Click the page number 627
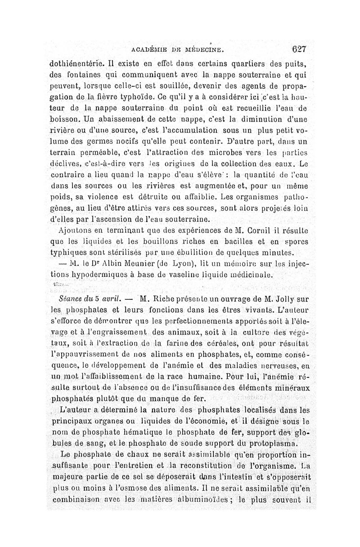(298, 49)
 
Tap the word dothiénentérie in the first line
(76, 64)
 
